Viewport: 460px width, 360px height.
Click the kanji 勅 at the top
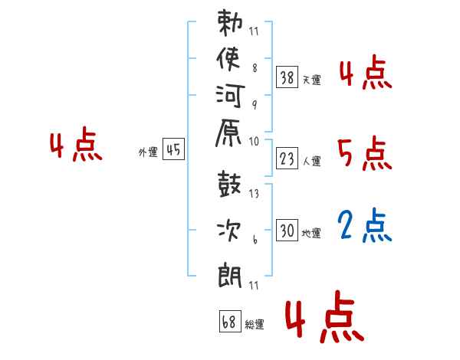230,22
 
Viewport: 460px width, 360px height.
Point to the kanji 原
228,133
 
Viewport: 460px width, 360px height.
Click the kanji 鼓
229,184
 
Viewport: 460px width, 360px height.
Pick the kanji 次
228,231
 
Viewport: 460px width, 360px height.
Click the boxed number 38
287,77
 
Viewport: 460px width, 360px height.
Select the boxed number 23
287,159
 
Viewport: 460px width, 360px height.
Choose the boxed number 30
287,230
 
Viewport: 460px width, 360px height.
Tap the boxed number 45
174,149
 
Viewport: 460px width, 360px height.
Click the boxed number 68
230,321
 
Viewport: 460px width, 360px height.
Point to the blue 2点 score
364,225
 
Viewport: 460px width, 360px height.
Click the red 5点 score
365,153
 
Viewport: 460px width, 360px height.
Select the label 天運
312,80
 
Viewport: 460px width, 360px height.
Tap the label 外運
148,152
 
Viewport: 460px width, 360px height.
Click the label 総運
255,324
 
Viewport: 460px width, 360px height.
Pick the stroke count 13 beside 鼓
254,194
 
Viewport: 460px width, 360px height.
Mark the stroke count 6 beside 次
255,240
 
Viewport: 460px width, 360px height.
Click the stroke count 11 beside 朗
254,285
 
